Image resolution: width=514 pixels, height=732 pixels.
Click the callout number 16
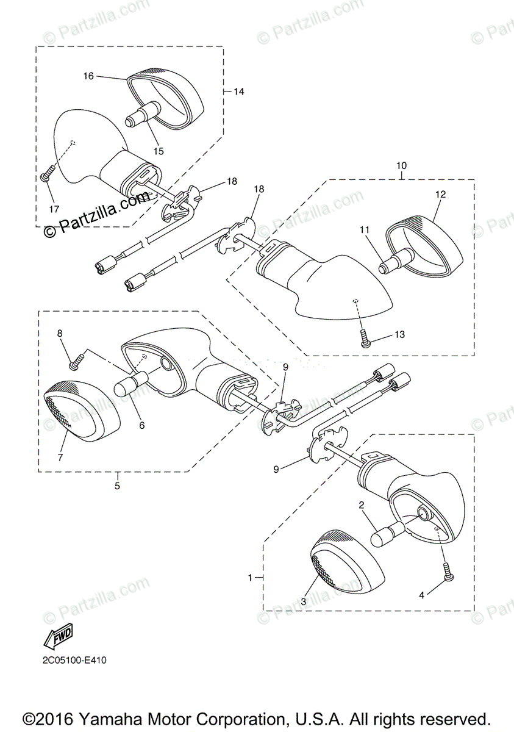[88, 76]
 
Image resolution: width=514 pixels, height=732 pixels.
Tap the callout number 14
[238, 91]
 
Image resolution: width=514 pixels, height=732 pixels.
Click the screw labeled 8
[74, 364]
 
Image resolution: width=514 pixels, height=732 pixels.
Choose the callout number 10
[401, 165]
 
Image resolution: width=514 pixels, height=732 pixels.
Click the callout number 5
[117, 486]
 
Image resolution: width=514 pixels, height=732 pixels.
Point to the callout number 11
[365, 230]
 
